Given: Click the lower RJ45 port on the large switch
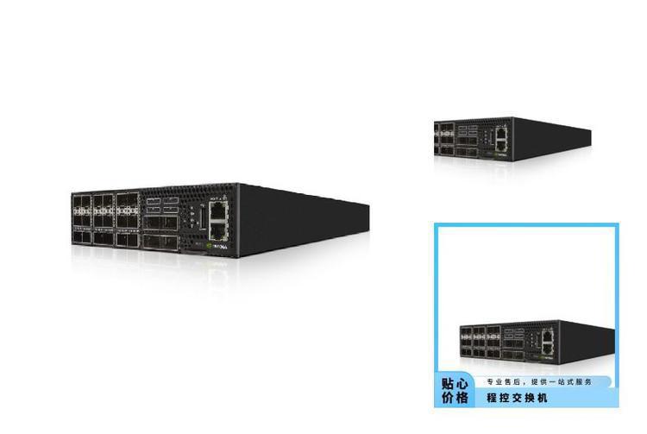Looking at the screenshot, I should (x=218, y=229).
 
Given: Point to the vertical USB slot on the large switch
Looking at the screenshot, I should (x=202, y=218).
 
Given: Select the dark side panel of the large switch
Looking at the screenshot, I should (x=302, y=220).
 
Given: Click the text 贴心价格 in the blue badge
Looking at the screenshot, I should (x=455, y=390).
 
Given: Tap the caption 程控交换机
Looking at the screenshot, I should (x=517, y=399).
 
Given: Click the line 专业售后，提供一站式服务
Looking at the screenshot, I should (x=539, y=381).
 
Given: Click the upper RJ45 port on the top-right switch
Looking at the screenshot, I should (x=501, y=133).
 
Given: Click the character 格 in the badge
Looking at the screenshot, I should (x=463, y=398).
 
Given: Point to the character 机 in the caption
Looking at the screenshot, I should (x=543, y=399).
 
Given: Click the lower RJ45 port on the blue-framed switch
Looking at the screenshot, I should (x=545, y=347).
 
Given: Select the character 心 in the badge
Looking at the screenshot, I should (x=463, y=383).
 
